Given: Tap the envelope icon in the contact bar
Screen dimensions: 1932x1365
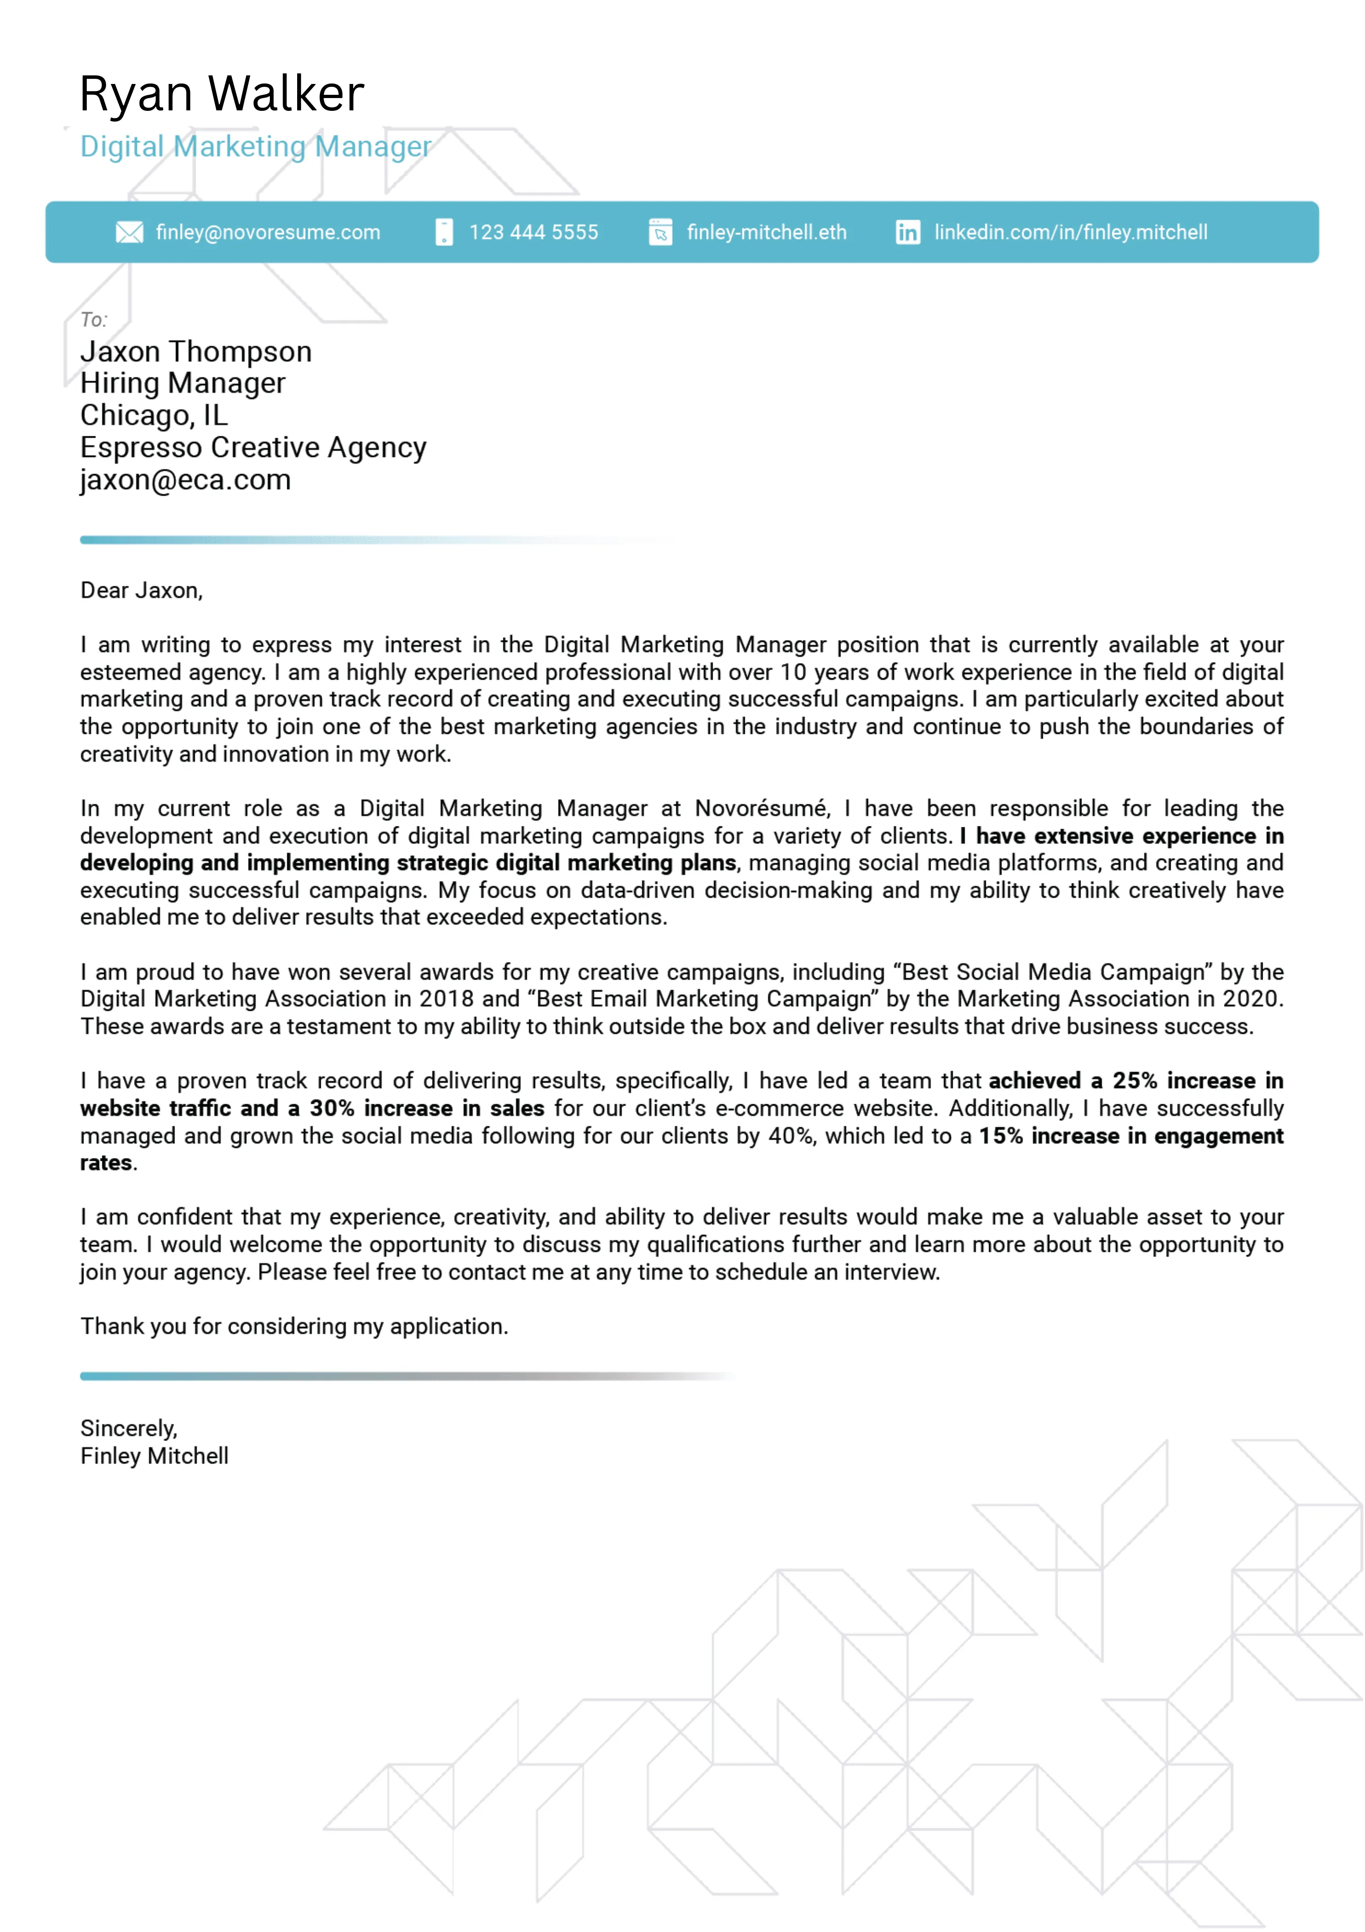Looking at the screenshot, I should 129,232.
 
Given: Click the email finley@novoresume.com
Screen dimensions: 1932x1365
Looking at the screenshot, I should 267,232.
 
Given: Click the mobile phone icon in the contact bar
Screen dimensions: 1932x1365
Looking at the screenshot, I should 443,232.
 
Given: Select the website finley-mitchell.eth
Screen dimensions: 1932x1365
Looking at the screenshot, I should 766,232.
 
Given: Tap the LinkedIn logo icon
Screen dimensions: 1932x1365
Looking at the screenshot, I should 907,232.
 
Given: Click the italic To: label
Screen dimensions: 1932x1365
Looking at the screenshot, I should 93,320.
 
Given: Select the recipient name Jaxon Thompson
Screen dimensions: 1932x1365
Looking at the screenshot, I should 195,352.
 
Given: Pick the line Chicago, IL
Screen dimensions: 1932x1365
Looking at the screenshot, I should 153,416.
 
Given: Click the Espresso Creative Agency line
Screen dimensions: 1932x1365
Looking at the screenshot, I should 252,448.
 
